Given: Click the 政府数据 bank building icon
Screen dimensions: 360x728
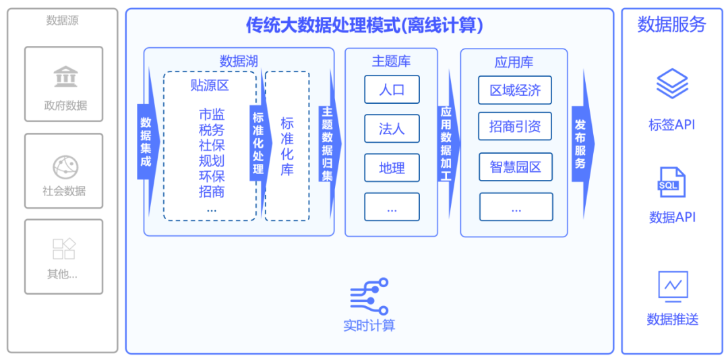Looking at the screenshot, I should point(65,77).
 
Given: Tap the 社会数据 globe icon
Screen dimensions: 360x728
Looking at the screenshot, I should point(65,166).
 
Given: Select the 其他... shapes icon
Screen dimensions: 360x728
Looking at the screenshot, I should point(64,249).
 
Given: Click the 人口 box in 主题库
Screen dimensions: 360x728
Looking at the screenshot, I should point(392,89).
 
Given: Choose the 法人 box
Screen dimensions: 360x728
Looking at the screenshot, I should point(392,128).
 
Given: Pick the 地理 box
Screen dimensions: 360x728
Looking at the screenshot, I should point(392,167).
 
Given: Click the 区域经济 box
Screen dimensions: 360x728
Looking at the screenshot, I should point(515,90).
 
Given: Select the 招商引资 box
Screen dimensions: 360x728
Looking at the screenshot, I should point(515,127).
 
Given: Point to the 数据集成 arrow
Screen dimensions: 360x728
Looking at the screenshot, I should point(146,142).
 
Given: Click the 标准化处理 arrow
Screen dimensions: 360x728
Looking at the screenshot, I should point(258,142).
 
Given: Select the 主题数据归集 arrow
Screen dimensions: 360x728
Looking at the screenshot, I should point(328,144).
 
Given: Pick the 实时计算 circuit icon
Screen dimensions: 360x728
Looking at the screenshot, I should point(369,297).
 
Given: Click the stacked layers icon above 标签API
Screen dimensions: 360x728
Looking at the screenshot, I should point(672,85).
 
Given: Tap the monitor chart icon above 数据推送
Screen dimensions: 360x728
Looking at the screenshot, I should point(673,286).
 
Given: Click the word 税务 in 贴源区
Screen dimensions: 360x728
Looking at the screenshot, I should point(212,129).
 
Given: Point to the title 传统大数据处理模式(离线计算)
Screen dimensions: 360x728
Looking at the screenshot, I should point(364,26).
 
